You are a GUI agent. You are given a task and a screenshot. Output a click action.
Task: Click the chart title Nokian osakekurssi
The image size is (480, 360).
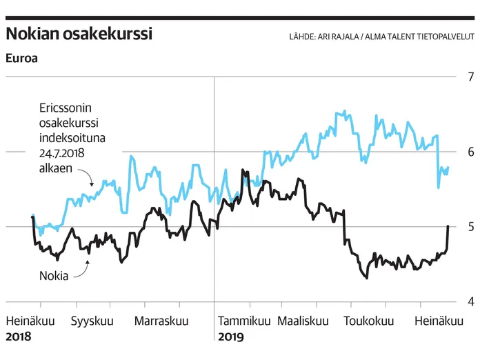(x=79, y=34)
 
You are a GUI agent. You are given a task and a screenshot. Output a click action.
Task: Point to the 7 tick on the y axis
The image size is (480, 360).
(x=470, y=77)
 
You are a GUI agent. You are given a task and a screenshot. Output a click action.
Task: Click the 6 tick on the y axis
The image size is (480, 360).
(x=470, y=152)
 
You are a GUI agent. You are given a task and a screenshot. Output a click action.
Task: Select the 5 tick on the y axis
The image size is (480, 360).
(x=470, y=227)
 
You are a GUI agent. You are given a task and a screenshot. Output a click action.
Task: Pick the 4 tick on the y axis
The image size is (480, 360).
(x=470, y=302)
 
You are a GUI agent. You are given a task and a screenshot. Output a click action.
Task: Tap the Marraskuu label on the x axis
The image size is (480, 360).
(x=161, y=321)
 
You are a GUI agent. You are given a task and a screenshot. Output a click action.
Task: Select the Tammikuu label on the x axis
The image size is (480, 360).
(x=244, y=321)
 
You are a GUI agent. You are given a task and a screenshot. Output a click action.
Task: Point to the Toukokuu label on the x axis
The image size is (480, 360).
(x=369, y=321)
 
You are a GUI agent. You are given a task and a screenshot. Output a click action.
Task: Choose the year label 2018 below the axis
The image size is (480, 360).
(x=19, y=337)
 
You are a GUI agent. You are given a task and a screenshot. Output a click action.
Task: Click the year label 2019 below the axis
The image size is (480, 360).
(x=231, y=337)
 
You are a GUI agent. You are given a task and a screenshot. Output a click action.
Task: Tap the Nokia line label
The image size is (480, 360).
(x=53, y=276)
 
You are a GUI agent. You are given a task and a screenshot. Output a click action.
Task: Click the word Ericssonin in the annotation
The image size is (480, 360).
(x=66, y=109)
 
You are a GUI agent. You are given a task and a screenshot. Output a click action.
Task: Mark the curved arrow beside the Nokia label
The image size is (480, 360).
(x=81, y=270)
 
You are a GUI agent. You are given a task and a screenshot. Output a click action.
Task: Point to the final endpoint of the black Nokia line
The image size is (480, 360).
(x=448, y=226)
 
